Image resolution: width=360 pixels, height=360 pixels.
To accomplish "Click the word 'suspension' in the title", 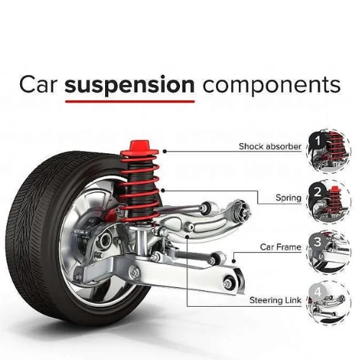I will tap(130, 85).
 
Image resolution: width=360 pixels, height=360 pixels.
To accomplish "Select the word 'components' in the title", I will tap(271, 85).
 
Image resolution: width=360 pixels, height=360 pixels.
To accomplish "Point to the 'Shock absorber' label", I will tap(270, 146).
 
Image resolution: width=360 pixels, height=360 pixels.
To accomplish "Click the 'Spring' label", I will tap(288, 197).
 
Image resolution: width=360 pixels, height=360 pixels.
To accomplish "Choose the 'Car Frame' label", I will tap(280, 247).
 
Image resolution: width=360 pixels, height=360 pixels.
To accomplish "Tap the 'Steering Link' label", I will tap(275, 299).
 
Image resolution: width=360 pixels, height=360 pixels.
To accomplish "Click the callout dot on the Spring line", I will tap(165, 190).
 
